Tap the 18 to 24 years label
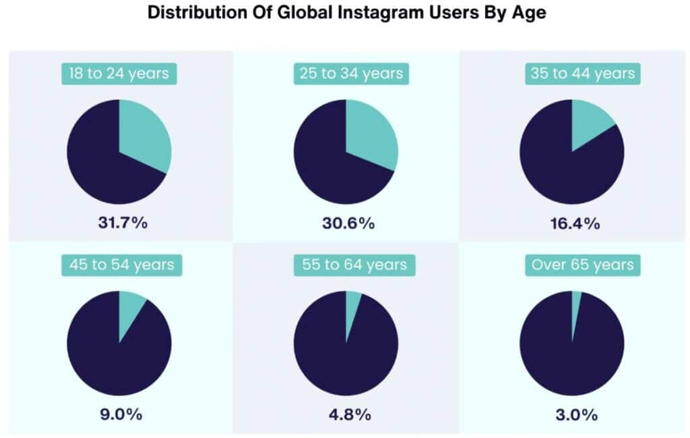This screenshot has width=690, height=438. pos(119,73)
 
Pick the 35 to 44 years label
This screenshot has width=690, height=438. pos(582,73)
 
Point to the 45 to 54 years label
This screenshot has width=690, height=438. pos(119,265)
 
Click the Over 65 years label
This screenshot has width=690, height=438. pos(582,265)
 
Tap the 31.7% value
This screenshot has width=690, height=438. pos(119,223)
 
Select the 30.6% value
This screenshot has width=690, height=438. pos(346,223)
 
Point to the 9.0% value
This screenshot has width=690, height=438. pos(119,414)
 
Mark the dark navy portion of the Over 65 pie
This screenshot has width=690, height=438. pos(573,358)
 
